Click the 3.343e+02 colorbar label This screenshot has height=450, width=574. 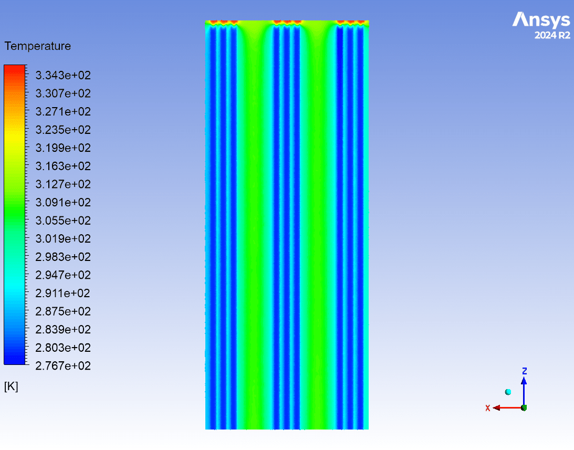(x=63, y=76)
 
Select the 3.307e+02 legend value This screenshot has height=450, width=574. (x=63, y=93)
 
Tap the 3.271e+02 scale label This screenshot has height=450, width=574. (x=63, y=112)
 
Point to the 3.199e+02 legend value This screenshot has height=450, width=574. (x=63, y=148)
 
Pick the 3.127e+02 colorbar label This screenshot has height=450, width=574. (x=63, y=184)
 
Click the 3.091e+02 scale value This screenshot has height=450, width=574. (x=63, y=203)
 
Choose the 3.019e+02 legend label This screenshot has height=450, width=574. (x=63, y=239)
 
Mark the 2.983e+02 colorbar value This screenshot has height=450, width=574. (x=63, y=257)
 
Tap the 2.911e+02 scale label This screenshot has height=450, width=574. (x=63, y=294)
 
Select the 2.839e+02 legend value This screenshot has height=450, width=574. (x=63, y=330)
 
